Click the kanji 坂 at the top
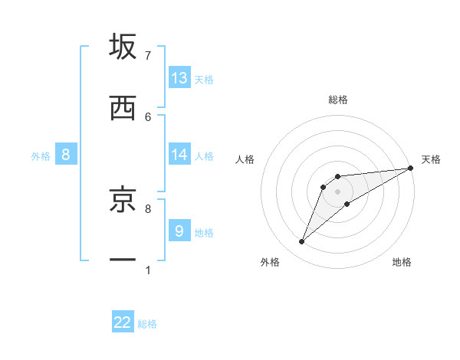pyautogui.click(x=123, y=47)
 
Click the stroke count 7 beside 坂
pyautogui.click(x=148, y=56)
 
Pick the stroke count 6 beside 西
pyautogui.click(x=148, y=116)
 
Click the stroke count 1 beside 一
pyautogui.click(x=148, y=270)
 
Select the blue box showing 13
pyautogui.click(x=179, y=78)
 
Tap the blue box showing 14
pyautogui.click(x=179, y=155)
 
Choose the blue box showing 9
pyautogui.click(x=179, y=231)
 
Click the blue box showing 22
pyautogui.click(x=123, y=322)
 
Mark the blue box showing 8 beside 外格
pyautogui.click(x=66, y=155)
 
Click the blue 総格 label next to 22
pyautogui.click(x=147, y=324)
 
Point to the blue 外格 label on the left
pyautogui.click(x=41, y=156)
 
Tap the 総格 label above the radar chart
pyautogui.click(x=338, y=100)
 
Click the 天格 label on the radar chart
pyautogui.click(x=431, y=159)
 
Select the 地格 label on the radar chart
pyautogui.click(x=402, y=262)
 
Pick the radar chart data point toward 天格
pyautogui.click(x=411, y=168)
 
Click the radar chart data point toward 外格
pyautogui.click(x=302, y=242)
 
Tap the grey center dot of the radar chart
pyautogui.click(x=338, y=191)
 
